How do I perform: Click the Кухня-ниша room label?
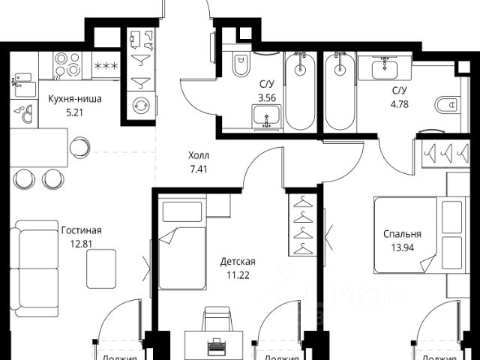pyautogui.click(x=74, y=98)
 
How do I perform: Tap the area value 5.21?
pyautogui.click(x=74, y=112)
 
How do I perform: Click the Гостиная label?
pyautogui.click(x=80, y=230)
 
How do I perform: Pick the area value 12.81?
pyautogui.click(x=80, y=243)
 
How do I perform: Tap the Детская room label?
pyautogui.click(x=238, y=261)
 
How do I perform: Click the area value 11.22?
pyautogui.click(x=238, y=274)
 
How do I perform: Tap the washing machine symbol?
pyautogui.click(x=140, y=104)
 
